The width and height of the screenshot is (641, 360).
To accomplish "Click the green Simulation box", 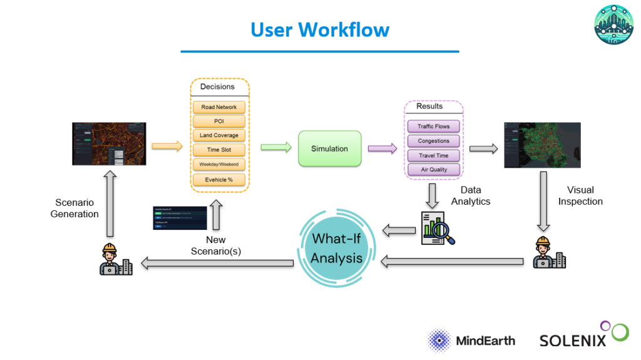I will click(x=330, y=148).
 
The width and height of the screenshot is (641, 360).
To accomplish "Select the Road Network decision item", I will click(x=219, y=107).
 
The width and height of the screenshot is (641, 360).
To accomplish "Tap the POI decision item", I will click(x=219, y=121).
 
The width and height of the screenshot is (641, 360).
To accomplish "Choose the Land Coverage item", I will click(x=219, y=135).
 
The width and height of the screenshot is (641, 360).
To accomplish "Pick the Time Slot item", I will click(x=219, y=150).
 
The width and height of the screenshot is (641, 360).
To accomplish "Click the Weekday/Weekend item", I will click(x=219, y=164).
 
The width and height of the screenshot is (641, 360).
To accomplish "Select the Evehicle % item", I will click(x=219, y=180).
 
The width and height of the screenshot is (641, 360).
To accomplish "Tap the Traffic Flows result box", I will click(x=434, y=126).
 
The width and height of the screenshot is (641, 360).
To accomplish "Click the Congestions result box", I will click(x=434, y=141).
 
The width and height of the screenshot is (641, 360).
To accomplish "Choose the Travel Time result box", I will click(x=434, y=155).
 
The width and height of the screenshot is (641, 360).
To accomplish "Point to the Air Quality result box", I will click(x=434, y=170).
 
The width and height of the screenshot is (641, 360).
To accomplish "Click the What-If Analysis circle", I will click(x=337, y=249).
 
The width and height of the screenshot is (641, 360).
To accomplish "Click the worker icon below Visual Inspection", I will click(x=549, y=254).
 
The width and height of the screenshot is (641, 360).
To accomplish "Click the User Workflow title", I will click(x=320, y=29).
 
